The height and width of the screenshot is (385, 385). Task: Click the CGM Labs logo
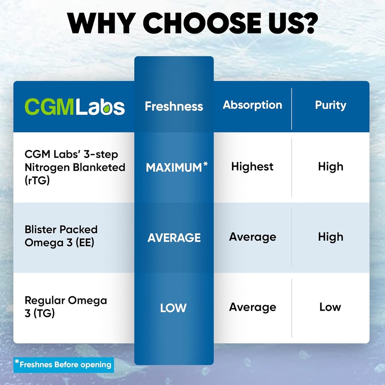[75, 107]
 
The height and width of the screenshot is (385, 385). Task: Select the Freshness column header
[174, 106]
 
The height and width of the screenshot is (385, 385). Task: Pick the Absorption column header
[252, 105]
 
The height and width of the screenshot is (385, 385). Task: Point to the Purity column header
[330, 105]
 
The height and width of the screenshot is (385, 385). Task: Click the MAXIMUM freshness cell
[174, 168]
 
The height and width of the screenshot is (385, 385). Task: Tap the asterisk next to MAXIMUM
[205, 164]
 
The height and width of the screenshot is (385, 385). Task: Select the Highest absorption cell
[252, 167]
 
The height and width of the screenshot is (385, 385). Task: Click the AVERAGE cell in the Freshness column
[174, 238]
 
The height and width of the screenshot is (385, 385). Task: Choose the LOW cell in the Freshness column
[173, 308]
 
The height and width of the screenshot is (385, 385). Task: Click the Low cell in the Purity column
[330, 307]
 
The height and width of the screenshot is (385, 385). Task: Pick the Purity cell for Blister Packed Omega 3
[330, 237]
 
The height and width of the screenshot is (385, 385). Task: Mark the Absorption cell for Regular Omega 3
[252, 307]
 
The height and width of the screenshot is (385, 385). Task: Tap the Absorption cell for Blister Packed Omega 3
[252, 237]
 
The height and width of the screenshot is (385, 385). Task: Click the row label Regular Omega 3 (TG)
[66, 306]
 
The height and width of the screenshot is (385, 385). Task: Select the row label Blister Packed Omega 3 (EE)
[61, 236]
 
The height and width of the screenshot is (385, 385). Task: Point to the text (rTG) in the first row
[37, 180]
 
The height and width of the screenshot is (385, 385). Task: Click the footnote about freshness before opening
[63, 365]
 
